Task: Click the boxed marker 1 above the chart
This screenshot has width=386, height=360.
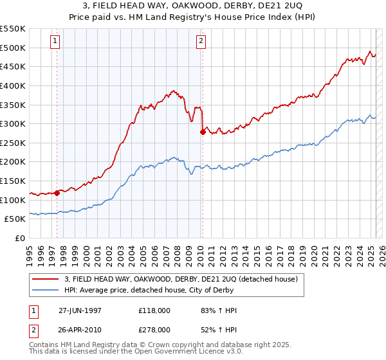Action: pyautogui.click(x=55, y=41)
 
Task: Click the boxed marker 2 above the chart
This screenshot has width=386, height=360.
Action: pyautogui.click(x=201, y=41)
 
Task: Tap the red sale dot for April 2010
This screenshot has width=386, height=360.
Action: pyautogui.click(x=203, y=132)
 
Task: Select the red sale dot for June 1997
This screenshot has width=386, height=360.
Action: pyautogui.click(x=57, y=192)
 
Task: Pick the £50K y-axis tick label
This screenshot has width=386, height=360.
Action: pyautogui.click(x=15, y=219)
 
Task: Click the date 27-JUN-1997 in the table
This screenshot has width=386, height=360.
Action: pyautogui.click(x=80, y=310)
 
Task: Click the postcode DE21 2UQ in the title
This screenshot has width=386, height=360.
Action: pyautogui.click(x=282, y=6)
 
